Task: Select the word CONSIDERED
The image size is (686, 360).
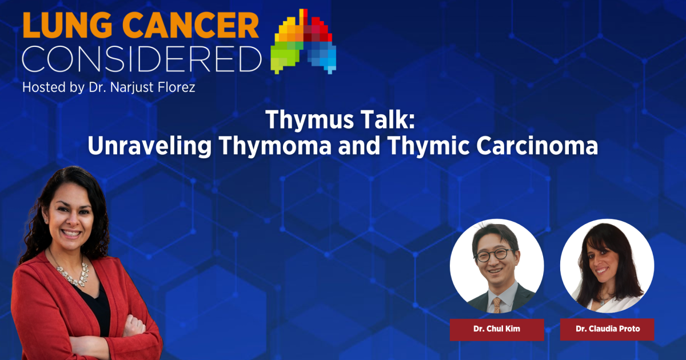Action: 142,59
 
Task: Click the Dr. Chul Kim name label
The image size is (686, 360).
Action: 496,330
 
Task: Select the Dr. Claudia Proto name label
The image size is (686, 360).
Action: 607,330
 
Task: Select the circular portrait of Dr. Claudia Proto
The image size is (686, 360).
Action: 607,266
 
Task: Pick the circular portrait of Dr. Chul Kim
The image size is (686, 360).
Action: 496,266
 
